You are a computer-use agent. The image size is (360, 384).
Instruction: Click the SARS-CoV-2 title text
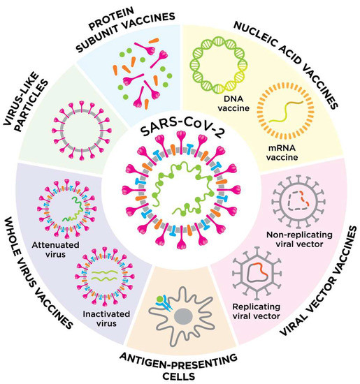[x=181, y=132]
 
